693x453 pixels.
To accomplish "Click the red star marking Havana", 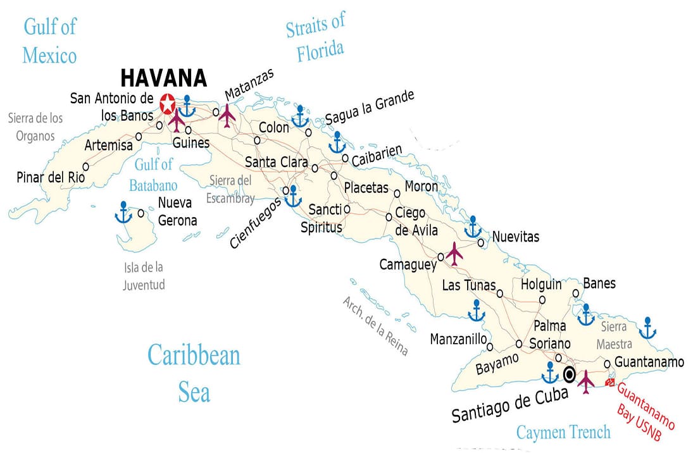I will click(x=168, y=102).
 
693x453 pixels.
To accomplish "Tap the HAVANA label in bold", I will click(x=163, y=78).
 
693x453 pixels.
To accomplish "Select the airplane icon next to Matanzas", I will click(x=227, y=115).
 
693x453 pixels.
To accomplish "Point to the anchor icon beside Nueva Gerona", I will click(x=123, y=213).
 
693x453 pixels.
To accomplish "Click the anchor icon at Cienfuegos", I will click(x=293, y=196).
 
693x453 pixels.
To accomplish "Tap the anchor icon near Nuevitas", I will click(x=473, y=227).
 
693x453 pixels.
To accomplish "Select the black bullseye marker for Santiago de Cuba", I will click(x=569, y=375).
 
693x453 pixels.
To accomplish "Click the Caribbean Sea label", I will click(x=194, y=373).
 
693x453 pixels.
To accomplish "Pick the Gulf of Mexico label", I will click(x=49, y=41).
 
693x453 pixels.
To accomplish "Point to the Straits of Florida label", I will click(x=316, y=39).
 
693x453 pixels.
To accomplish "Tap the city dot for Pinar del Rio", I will click(x=85, y=166).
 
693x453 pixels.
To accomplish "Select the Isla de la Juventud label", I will click(x=144, y=276).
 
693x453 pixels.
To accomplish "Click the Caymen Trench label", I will click(x=563, y=432).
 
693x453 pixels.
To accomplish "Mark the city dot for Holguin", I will click(x=542, y=300).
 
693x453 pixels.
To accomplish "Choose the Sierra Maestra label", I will click(x=614, y=335).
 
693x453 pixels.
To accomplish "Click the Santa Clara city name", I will click(x=276, y=162).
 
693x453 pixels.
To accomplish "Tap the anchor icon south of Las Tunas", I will click(x=476, y=311).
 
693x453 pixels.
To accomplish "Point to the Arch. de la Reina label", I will click(x=375, y=326).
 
